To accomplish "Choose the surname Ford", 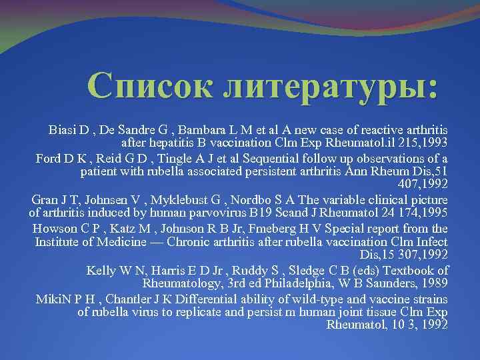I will (47, 159).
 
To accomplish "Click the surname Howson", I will (53, 229).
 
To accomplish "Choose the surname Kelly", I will (101, 271).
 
